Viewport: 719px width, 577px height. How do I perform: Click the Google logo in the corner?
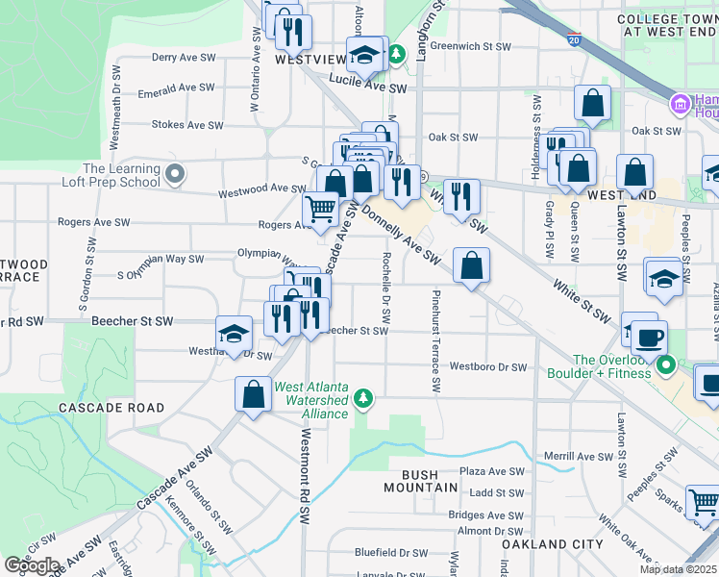32,565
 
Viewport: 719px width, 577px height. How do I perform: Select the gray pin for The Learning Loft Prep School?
174,175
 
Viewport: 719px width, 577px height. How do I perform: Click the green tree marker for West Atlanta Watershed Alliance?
362,397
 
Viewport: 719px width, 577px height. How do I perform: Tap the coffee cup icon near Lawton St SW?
649,338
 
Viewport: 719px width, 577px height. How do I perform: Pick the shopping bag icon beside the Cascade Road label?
253,394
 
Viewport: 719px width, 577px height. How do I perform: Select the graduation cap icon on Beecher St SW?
234,333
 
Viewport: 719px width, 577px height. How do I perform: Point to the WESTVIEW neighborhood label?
310,59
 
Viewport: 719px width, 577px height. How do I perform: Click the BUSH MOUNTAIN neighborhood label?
429,481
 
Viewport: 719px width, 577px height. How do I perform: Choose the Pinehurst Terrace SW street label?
435,341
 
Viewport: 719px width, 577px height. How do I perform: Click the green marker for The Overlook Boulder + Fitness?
667,365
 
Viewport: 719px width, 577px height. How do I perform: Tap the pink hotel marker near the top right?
680,103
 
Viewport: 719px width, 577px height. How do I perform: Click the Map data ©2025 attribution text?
677,569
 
